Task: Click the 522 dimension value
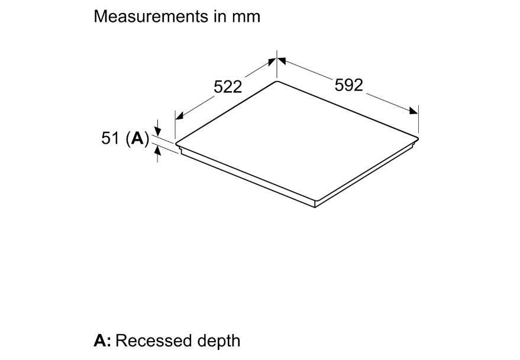[228, 87]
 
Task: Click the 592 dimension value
[349, 85]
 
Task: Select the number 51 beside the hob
[110, 138]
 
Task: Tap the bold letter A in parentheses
[138, 138]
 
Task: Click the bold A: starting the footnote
[102, 340]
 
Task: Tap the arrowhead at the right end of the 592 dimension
[414, 111]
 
